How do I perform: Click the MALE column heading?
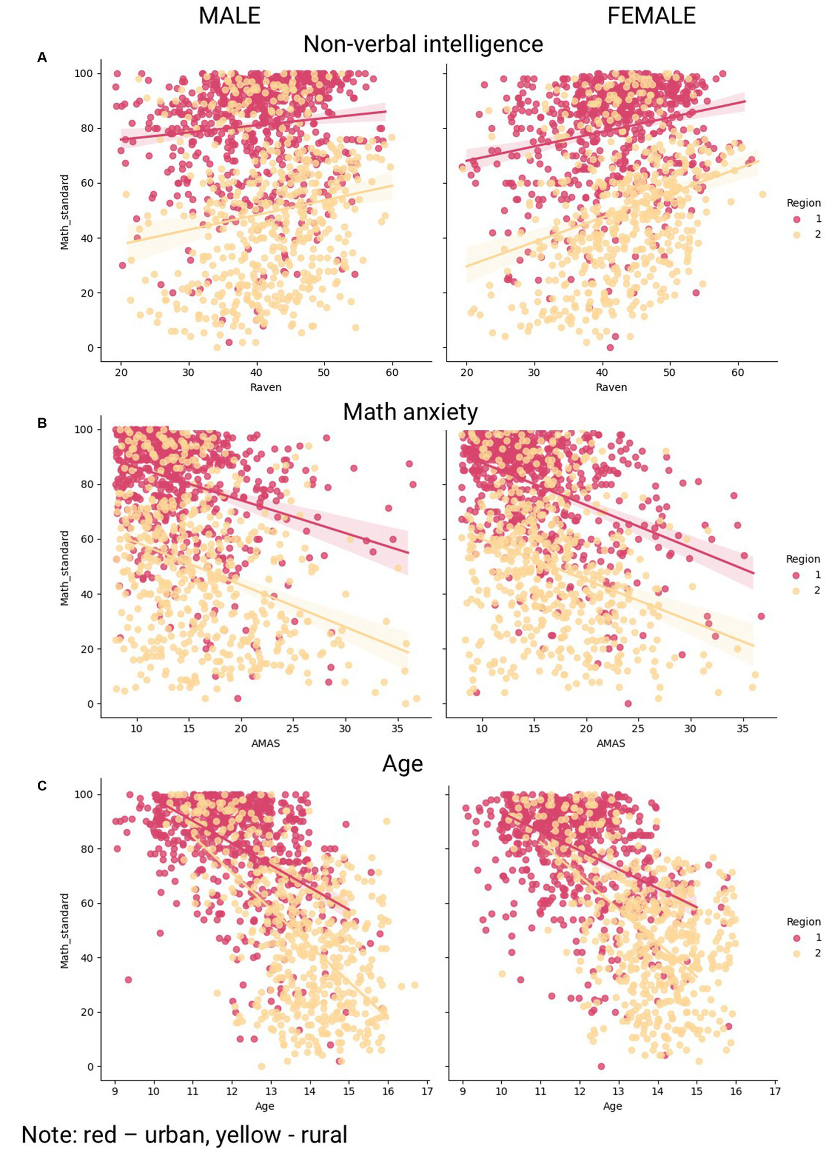pos(230,16)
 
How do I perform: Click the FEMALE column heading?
pos(651,16)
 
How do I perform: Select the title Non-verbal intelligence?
pos(423,44)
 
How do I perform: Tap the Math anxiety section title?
pos(410,412)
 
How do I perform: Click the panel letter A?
pos(42,58)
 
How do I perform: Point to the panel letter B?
pos(42,423)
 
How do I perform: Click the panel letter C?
pos(42,786)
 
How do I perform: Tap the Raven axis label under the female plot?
pos(611,387)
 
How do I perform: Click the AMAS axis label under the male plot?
pos(265,744)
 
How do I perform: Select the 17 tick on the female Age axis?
pos(774,1091)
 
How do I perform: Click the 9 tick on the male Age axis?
pos(115,1091)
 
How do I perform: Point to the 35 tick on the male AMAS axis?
pos(397,728)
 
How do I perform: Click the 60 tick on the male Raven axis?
pos(392,373)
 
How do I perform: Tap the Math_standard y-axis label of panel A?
pos(64,212)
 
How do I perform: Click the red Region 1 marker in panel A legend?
pos(797,219)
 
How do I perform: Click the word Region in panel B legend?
pos(803,559)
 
